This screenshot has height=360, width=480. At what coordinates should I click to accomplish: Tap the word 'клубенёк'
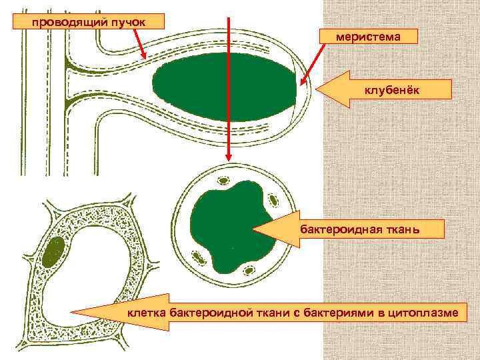pos(391,91)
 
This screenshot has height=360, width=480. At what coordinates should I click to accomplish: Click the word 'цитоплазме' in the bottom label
pos(424,312)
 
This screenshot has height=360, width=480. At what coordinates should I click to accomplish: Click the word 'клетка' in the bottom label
pos(147,312)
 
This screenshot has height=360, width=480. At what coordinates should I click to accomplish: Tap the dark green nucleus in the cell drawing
pos(54,251)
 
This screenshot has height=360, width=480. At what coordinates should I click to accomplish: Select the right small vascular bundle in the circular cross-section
pos(273,200)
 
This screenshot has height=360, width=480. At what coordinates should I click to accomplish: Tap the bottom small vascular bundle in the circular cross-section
pos(249,270)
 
